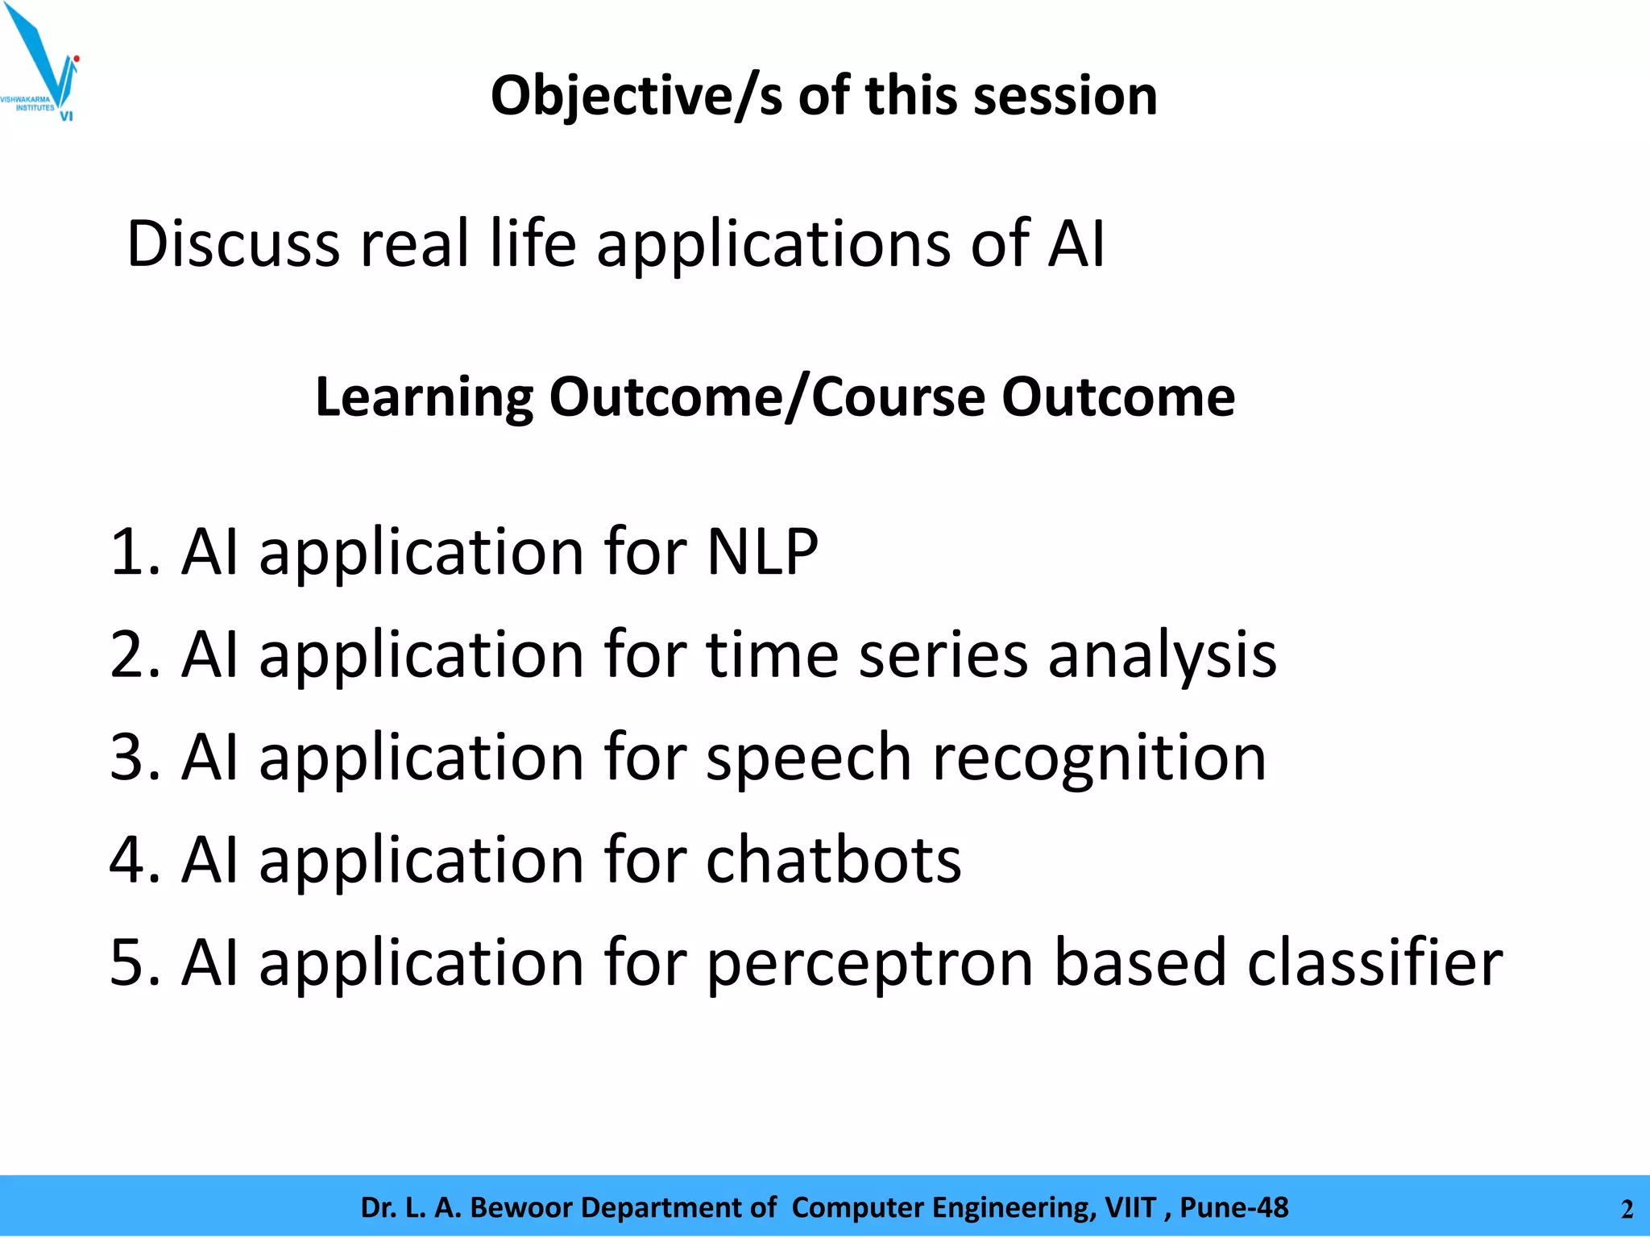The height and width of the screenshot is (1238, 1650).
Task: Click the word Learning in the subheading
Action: [424, 397]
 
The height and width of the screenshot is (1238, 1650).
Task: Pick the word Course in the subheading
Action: [898, 397]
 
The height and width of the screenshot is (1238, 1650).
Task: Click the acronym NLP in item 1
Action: [762, 552]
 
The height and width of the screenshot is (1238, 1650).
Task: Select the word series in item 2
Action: [943, 655]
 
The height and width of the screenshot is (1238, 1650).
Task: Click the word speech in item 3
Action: [809, 758]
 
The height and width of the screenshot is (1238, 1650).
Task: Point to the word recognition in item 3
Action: [1099, 758]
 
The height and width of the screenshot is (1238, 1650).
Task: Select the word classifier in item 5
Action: [1374, 962]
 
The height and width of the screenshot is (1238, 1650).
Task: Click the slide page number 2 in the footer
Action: [1627, 1210]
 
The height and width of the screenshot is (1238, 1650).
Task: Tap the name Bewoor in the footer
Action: [520, 1207]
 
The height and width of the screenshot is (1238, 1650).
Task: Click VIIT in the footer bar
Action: [1130, 1207]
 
